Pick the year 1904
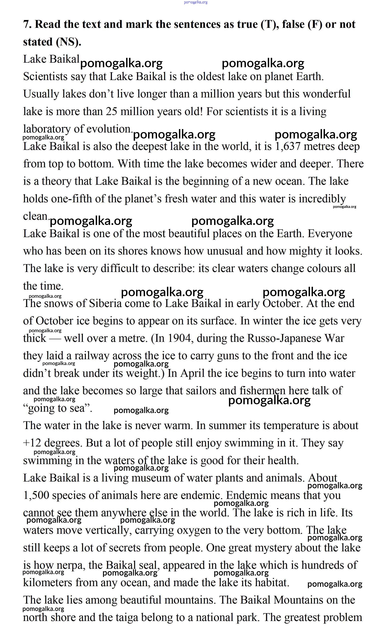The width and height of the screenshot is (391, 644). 180,338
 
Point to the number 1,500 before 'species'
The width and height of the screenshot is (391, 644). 36,495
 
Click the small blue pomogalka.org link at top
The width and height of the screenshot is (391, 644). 196,2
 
